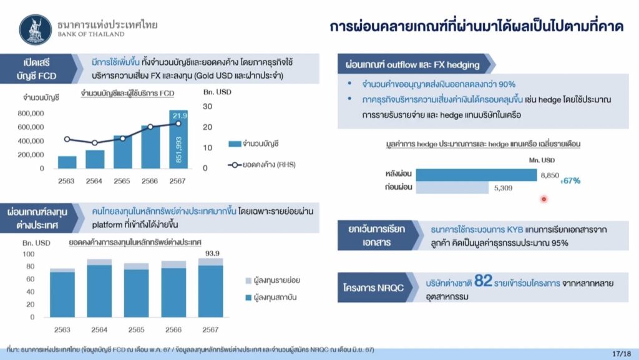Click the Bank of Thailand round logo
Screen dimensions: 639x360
pos(36,30)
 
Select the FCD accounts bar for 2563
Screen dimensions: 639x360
pos(67,162)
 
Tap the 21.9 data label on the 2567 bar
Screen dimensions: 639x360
pos(179,115)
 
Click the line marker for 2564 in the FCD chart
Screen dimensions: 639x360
pos(95,143)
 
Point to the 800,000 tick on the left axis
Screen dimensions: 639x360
pos(31,113)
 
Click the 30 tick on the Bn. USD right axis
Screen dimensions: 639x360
pos(207,106)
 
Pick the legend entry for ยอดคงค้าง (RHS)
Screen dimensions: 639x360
pos(261,165)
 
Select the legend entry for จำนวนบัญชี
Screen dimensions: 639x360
pos(253,144)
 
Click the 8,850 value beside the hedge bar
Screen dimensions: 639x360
pos(550,175)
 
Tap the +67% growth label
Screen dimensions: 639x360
pos(570,181)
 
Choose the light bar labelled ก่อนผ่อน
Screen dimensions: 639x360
pos(452,188)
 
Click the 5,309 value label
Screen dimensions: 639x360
pos(504,188)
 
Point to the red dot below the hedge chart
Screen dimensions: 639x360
pos(544,199)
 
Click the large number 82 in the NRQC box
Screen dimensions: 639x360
pos(484,281)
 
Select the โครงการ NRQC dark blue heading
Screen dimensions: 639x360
pos(373,288)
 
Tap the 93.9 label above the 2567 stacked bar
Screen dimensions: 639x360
pos(212,253)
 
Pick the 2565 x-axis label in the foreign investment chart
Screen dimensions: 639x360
pos(136,329)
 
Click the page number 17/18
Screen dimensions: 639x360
pos(622,354)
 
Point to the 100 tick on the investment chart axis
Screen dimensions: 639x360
pos(29,254)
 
